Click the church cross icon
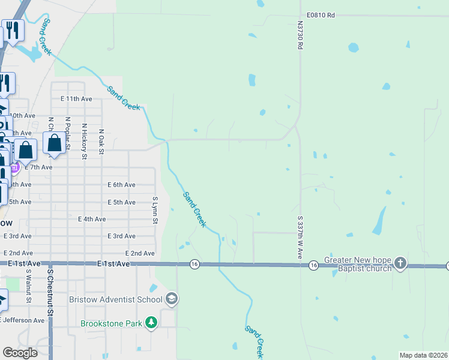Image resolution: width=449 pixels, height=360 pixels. tap(400, 263)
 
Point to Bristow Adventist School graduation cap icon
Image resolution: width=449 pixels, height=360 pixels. tap(172, 299)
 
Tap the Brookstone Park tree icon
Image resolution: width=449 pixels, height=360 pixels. tap(151, 323)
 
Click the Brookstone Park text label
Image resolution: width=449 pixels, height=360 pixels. tap(112, 323)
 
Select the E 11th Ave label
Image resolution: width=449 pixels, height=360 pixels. tap(76, 98)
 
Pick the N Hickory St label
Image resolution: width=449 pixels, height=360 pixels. tap(85, 142)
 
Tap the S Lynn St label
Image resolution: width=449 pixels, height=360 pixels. tap(155, 210)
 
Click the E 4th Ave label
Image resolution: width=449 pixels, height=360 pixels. tap(92, 220)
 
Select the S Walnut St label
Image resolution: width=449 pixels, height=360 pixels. tap(28, 282)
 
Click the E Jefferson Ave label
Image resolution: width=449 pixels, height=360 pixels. tap(23, 320)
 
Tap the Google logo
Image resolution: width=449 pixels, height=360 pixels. tap(20, 353)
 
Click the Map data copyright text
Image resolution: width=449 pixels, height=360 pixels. tap(423, 355)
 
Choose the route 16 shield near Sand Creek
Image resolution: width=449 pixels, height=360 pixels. tap(194, 264)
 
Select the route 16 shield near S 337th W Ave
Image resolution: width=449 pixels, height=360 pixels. tap(313, 265)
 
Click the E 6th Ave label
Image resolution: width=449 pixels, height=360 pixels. tap(121, 185)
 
